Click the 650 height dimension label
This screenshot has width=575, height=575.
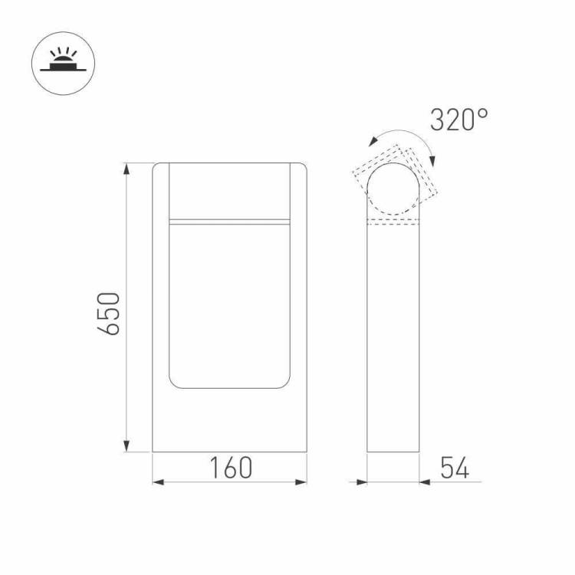(109, 314)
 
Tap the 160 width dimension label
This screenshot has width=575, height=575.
(231, 468)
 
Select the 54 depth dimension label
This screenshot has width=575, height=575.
(455, 468)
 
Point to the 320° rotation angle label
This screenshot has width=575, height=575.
(458, 120)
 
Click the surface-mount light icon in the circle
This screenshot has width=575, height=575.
(63, 63)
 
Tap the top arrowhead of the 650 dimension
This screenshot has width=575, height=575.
(127, 169)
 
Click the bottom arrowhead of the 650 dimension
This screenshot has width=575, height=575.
(127, 446)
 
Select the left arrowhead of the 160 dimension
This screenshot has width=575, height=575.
(158, 482)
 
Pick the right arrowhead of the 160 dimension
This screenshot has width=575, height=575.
(301, 482)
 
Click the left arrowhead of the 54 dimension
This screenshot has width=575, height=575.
(362, 482)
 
